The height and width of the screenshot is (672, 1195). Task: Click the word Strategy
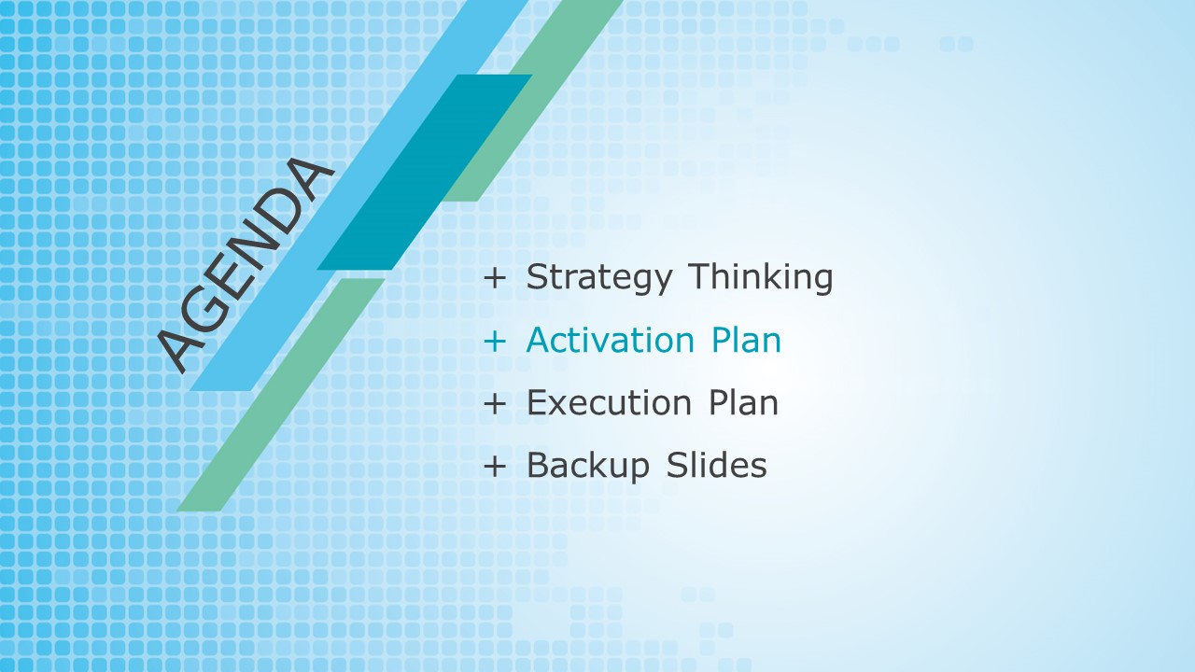tap(599, 278)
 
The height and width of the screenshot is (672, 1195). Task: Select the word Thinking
tap(760, 277)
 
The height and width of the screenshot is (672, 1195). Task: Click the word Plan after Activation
tap(746, 340)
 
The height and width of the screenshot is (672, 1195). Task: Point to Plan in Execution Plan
tap(744, 402)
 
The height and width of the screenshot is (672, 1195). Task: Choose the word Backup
tap(588, 466)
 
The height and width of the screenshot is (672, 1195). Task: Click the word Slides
tap(716, 465)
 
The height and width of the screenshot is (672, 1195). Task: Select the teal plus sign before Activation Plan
tap(495, 342)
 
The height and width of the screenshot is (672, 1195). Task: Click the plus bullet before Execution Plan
tap(495, 404)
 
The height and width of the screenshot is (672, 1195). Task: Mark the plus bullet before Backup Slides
tap(495, 466)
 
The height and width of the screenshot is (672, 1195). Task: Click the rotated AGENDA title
tap(246, 265)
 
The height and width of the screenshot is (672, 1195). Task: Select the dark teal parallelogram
tap(425, 173)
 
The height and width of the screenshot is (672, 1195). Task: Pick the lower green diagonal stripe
tap(281, 395)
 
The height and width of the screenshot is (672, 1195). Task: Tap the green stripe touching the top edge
tap(533, 101)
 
